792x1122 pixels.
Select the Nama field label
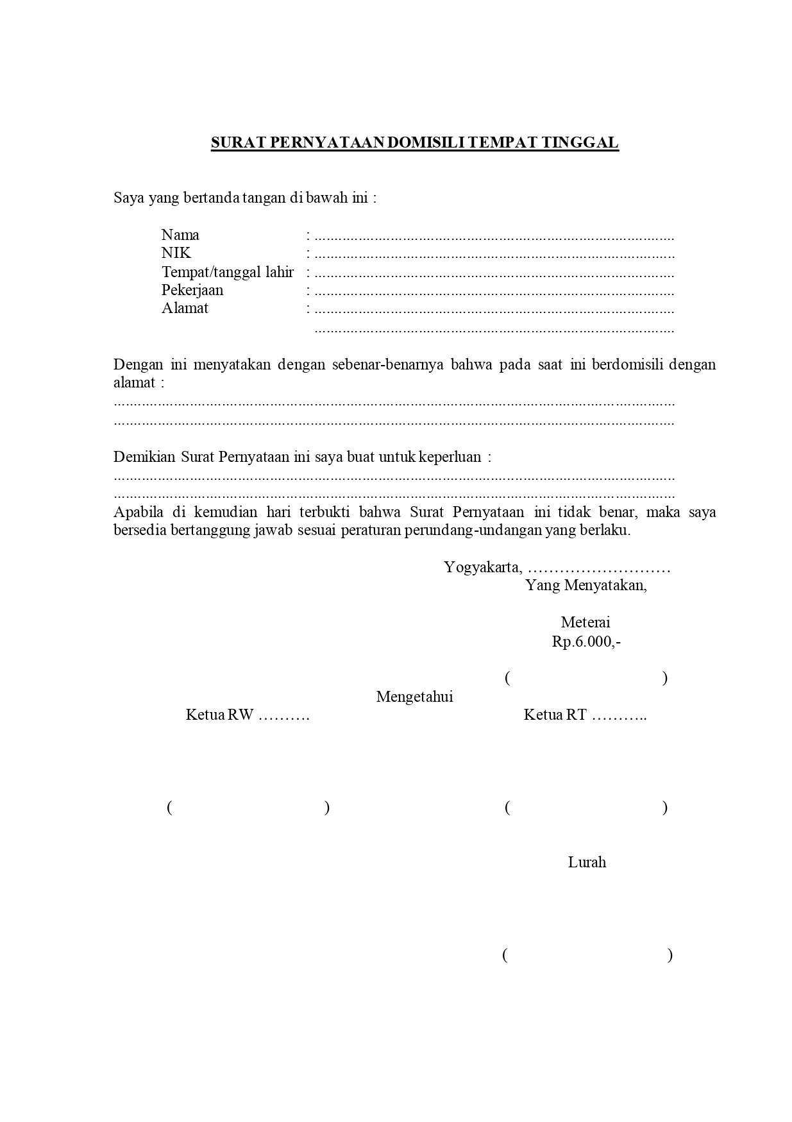180,235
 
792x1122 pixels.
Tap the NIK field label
176,253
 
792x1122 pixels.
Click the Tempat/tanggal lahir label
227,272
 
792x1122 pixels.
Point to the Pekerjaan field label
192,290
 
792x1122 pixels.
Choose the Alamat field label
185,308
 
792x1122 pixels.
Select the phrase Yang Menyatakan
586,585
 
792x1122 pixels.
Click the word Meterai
586,622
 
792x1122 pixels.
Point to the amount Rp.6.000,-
586,642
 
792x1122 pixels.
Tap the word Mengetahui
414,697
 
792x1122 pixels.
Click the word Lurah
587,863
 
